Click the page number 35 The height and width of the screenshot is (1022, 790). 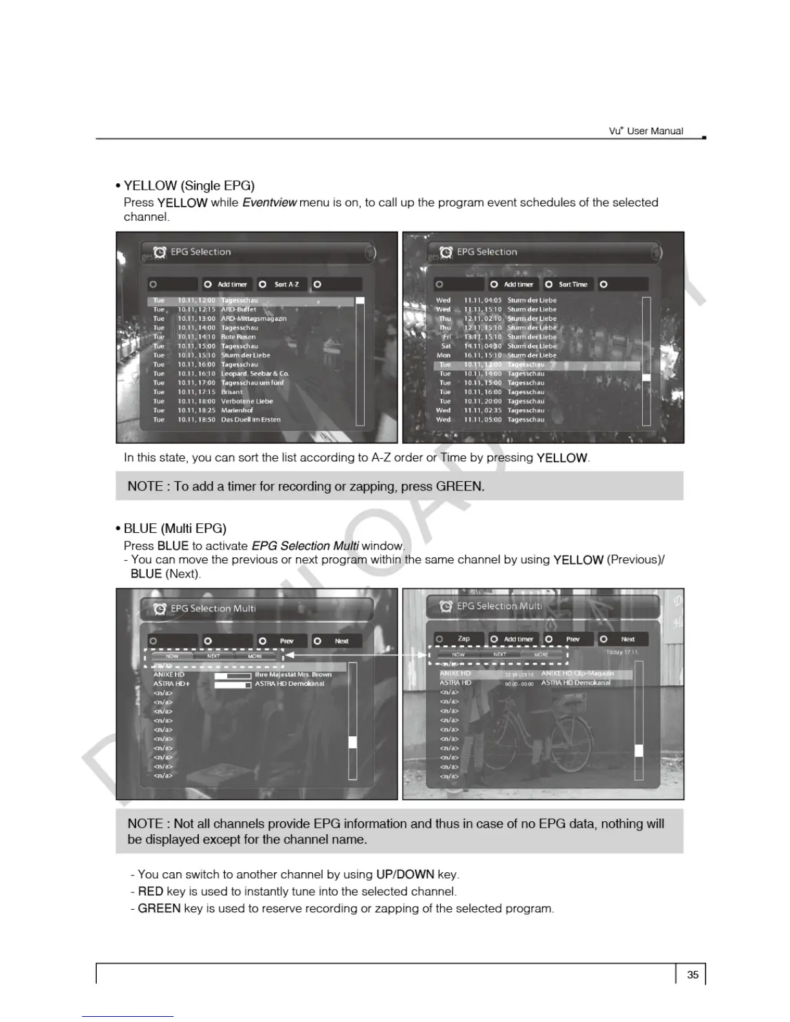693,975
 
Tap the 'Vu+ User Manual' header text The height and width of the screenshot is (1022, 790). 645,131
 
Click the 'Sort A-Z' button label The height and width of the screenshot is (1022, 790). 287,285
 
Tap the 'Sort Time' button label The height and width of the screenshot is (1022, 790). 573,285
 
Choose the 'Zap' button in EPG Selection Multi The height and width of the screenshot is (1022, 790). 463,639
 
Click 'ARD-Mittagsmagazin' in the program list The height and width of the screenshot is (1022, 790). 254,319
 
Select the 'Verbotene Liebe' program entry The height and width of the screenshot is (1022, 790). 247,401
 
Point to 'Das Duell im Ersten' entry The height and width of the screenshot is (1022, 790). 250,419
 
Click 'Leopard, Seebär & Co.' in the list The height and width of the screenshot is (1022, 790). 255,374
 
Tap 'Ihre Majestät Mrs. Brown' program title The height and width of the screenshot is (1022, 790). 293,675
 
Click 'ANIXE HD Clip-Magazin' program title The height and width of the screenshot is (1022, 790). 577,674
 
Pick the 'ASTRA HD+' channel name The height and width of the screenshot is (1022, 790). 171,684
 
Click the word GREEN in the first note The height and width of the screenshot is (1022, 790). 459,486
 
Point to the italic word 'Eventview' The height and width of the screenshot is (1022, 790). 269,203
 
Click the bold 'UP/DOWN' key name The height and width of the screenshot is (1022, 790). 405,874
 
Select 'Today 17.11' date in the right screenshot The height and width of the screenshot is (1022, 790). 622,652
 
